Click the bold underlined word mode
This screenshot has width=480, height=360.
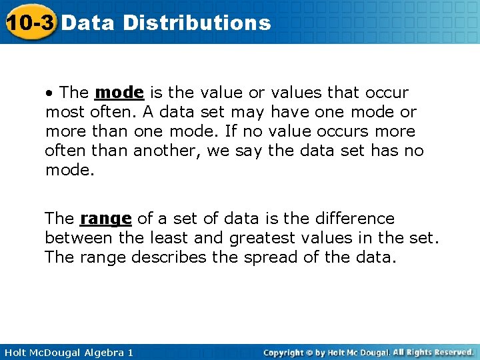[x=119, y=92]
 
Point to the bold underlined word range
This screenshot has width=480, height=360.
[x=106, y=219]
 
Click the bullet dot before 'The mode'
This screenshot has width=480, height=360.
[x=49, y=93]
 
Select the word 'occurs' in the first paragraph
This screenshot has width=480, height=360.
[x=351, y=131]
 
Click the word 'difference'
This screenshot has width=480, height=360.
[x=354, y=219]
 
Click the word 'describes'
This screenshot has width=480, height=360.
[x=167, y=257]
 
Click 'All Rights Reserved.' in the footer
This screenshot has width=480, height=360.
[x=433, y=352]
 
